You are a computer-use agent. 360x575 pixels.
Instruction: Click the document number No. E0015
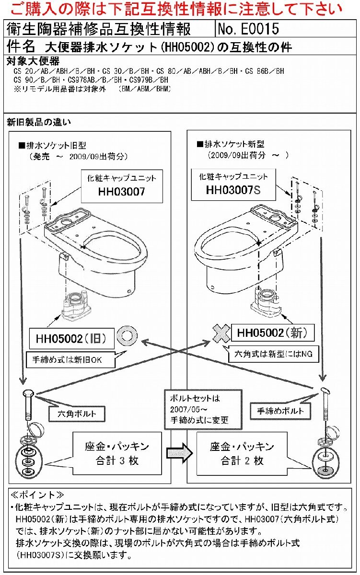(248, 29)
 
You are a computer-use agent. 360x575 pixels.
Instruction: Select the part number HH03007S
(233, 190)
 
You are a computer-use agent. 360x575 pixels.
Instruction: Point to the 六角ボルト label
(77, 413)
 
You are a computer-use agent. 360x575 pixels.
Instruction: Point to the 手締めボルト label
(280, 411)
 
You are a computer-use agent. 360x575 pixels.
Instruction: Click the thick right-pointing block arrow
(179, 453)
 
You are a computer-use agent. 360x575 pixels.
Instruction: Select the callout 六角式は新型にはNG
(274, 355)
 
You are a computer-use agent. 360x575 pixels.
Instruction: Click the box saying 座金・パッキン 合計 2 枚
(242, 453)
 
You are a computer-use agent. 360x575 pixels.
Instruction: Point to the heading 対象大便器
(34, 61)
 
